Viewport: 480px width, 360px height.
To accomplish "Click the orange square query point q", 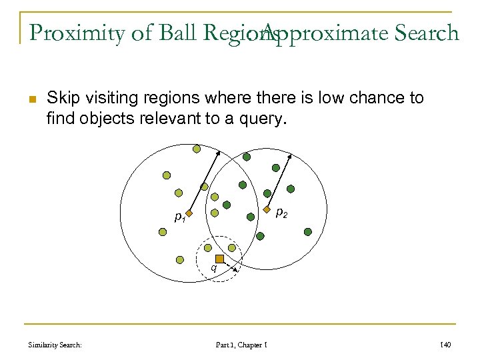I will pos(219,259).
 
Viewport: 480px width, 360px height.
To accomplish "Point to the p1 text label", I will pos(179,217).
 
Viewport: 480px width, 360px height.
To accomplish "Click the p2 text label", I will pos(281,213).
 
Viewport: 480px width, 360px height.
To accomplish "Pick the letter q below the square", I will pos(213,268).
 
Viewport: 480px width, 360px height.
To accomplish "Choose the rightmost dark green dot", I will pos(307,231).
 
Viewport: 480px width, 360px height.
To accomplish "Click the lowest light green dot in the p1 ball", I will pos(180,260).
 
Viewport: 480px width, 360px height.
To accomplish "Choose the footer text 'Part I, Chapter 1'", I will pos(241,345).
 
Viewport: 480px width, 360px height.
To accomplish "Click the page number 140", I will pos(447,345).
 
